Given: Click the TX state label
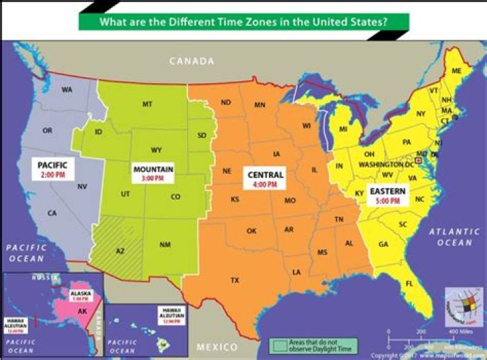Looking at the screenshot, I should click(235, 279).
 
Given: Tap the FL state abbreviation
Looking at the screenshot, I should click(409, 283).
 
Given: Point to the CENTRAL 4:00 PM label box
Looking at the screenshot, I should click(264, 179).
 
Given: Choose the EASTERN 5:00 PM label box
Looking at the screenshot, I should click(388, 196).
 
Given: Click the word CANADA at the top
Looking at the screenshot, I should click(191, 62).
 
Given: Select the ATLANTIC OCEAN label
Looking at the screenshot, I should click(454, 237).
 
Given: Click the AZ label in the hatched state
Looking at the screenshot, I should click(120, 251).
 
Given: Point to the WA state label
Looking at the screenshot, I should click(67, 90).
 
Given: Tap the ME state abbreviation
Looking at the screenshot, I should click(457, 71).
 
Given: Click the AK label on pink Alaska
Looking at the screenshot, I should click(81, 312).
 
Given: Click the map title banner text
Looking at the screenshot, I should click(243, 20).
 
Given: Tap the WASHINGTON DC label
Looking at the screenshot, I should click(386, 164).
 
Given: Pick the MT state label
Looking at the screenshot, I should click(147, 104).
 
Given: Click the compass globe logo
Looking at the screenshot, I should click(461, 306).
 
